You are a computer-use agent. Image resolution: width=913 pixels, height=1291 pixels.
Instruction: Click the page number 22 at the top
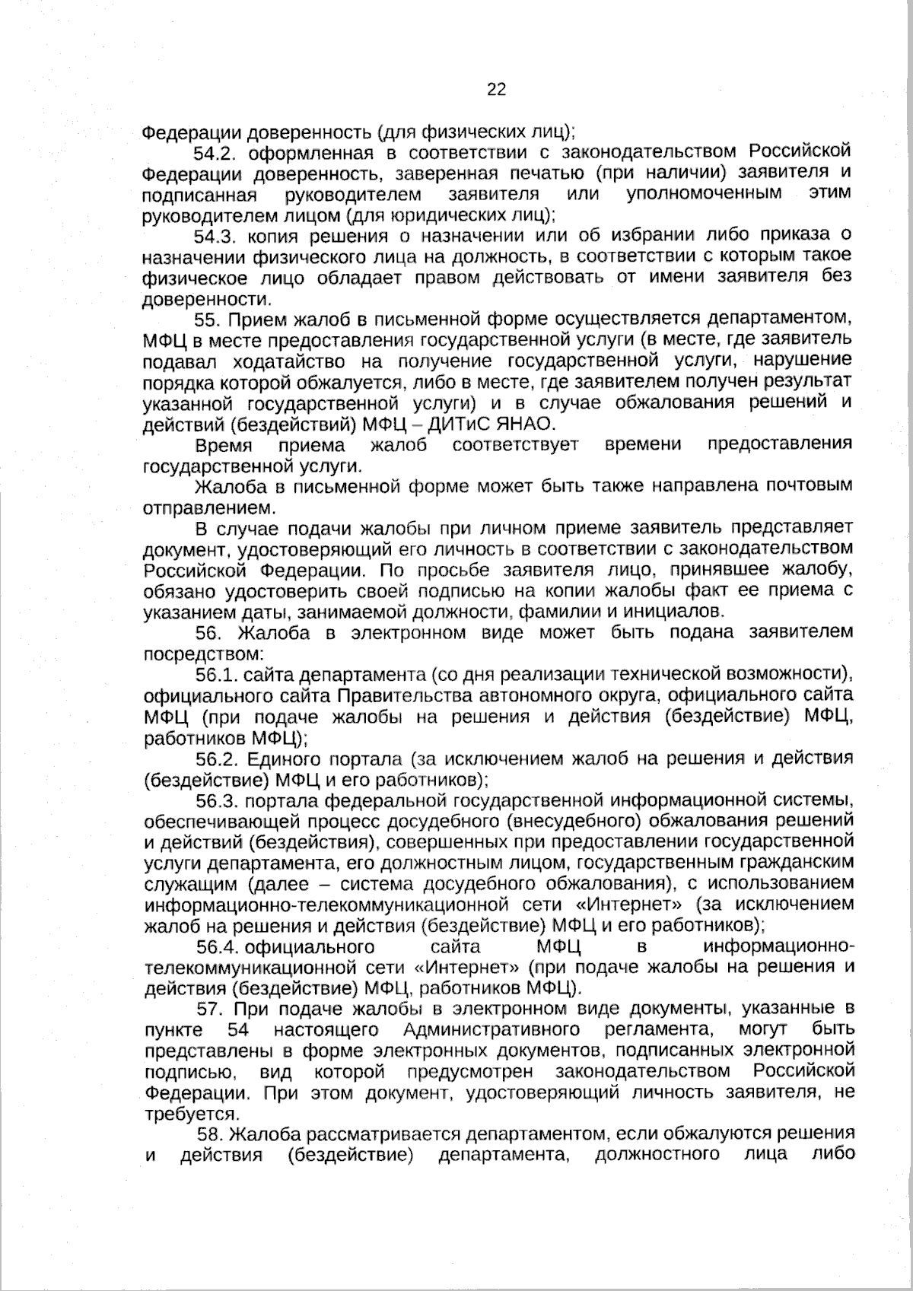coord(496,90)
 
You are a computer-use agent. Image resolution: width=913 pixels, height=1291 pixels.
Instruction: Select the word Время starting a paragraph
coord(224,444)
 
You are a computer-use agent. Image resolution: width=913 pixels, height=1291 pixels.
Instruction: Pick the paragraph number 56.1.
coord(218,675)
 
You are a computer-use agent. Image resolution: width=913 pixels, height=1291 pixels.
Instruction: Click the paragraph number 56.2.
coord(218,758)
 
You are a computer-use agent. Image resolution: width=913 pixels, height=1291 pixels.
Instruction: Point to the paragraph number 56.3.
coord(218,800)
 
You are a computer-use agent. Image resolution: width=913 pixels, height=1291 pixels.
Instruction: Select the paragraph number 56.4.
coord(218,947)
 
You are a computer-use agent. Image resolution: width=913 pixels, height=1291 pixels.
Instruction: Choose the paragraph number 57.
coord(208,1010)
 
